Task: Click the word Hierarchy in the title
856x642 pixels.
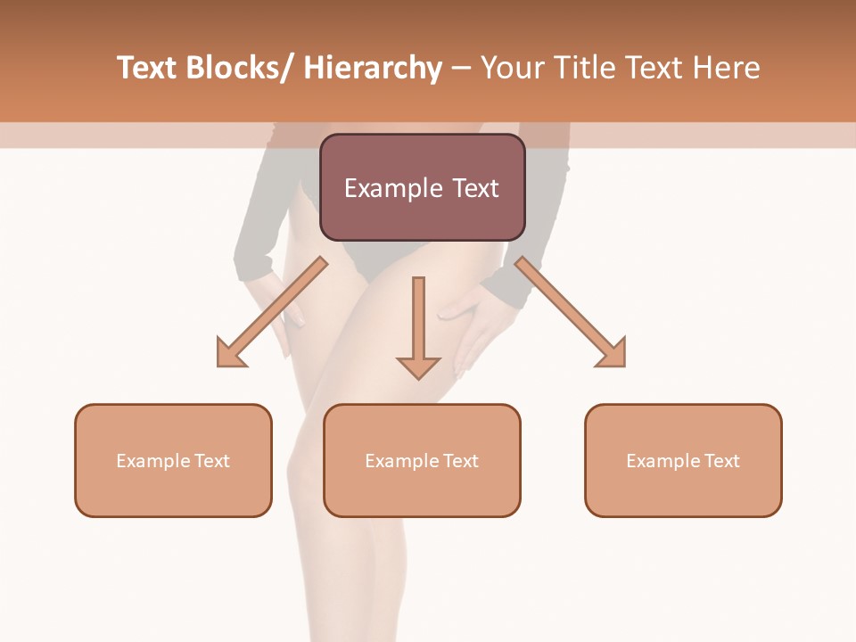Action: [x=373, y=68]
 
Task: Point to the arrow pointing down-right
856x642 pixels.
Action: [x=572, y=313]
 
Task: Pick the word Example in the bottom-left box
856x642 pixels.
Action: [x=152, y=461]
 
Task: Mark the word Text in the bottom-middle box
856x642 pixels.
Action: [x=459, y=461]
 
